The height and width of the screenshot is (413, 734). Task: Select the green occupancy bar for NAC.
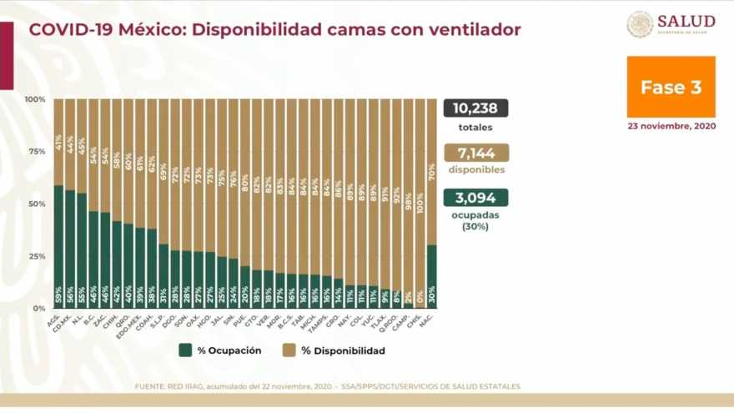(431, 276)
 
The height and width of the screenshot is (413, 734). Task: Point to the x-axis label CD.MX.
(68, 320)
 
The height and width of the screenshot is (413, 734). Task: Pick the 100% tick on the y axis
(35, 99)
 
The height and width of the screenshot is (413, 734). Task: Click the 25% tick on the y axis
(37, 256)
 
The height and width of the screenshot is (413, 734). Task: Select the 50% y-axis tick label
(37, 204)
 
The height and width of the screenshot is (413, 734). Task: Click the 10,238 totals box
(475, 108)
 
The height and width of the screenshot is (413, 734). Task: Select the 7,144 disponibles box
(475, 153)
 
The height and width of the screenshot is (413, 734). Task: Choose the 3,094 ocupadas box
(475, 198)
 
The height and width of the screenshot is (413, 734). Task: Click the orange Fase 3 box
(671, 87)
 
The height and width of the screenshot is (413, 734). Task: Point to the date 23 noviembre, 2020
(671, 126)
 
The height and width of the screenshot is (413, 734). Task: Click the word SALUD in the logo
(686, 21)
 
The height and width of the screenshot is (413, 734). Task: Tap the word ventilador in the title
(473, 30)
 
